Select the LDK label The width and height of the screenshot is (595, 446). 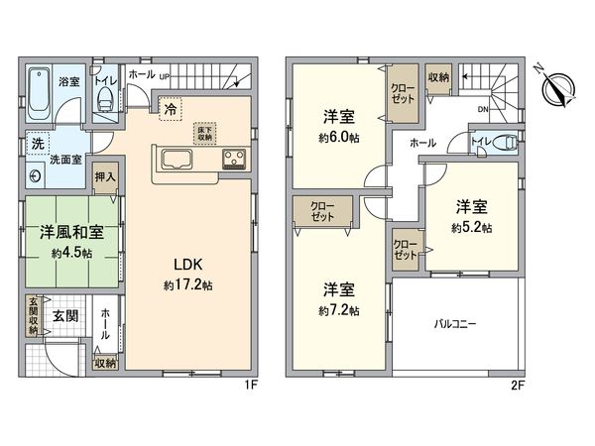[x=189, y=265]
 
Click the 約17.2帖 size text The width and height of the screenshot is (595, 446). [x=189, y=285]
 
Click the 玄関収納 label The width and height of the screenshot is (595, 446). [x=34, y=316]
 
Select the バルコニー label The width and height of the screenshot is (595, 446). [x=455, y=323]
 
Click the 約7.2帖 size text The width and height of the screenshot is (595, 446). [x=339, y=310]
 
